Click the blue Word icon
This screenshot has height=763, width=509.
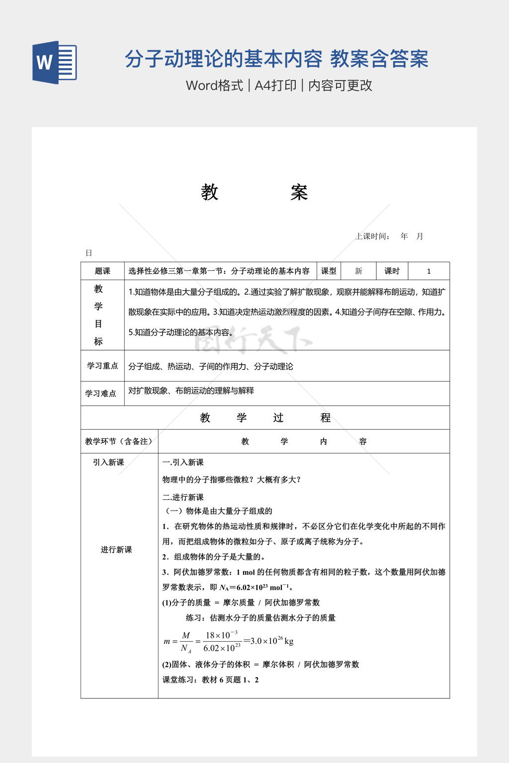pos(55,63)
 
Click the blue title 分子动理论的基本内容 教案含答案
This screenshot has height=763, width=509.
pos(276,59)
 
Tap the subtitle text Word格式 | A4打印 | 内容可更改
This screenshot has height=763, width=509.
pos(279,85)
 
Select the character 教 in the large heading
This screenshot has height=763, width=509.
pos(210,192)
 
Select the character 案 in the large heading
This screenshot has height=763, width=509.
pos(299,192)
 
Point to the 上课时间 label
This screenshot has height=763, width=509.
pos(372,236)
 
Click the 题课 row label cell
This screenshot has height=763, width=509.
pos(102,271)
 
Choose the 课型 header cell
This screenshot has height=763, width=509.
pos(329,271)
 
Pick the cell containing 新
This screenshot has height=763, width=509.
pos(358,271)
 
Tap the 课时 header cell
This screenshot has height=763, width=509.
pos(392,271)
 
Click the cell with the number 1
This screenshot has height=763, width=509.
pos(428,271)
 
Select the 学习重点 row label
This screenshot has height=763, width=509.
pos(102,366)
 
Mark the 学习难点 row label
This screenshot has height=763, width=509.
pos(100,393)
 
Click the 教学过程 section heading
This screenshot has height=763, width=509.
pos(265,418)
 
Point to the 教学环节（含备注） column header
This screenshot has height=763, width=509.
pos(119,441)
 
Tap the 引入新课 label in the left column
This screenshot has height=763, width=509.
pos(108,462)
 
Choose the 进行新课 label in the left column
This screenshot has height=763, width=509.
pos(116,549)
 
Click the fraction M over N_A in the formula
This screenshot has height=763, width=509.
pos(185,642)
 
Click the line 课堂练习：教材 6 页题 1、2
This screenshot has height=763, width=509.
pos(210,680)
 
